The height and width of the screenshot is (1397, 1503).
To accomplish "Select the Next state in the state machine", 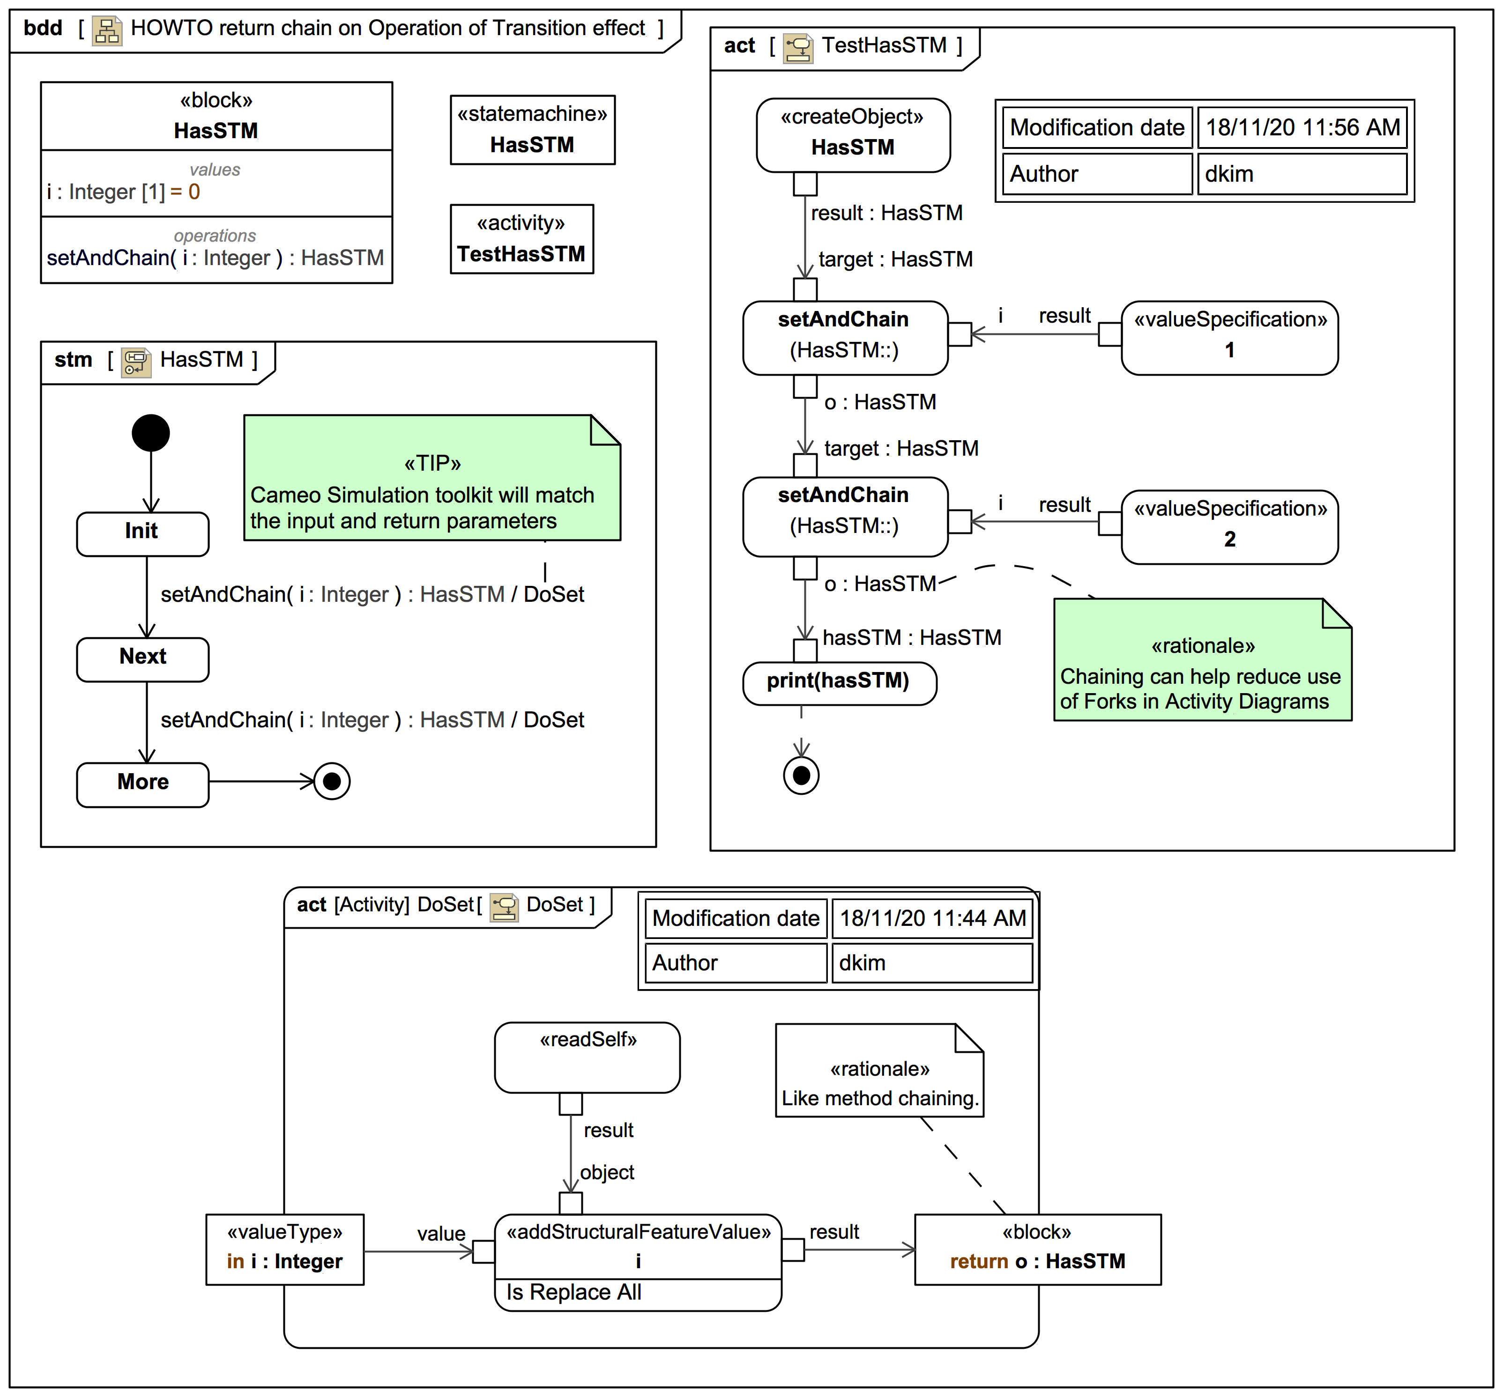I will pos(142,659).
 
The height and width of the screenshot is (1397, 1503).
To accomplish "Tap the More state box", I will pos(142,785).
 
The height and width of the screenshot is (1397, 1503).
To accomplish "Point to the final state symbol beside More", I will pos(332,781).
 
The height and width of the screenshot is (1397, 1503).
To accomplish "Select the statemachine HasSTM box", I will pos(532,130).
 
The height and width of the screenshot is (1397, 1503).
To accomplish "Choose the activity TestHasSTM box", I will pos(521,239).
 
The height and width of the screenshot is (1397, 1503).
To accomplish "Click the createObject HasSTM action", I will pos(853,134).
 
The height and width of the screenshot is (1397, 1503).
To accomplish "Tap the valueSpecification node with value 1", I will pos(1229,338).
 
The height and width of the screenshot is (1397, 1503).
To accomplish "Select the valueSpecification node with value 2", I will pos(1229,526).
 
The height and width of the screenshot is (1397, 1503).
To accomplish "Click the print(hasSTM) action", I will pos(839,683).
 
